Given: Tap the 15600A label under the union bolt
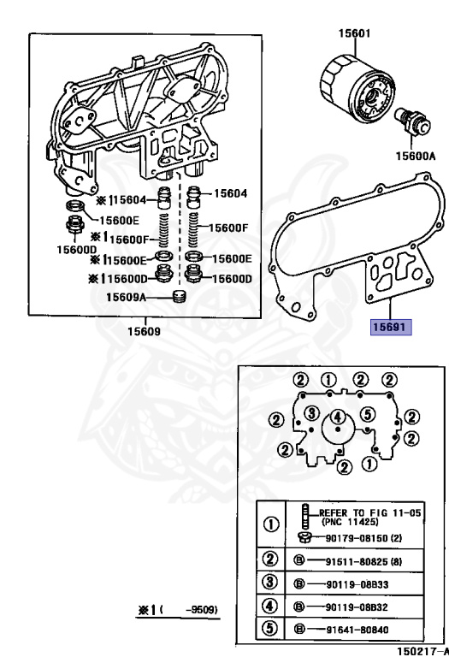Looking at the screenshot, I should coord(414,157).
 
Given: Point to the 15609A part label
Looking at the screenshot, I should coord(127,297).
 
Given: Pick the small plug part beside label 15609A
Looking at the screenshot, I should coord(179,297).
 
